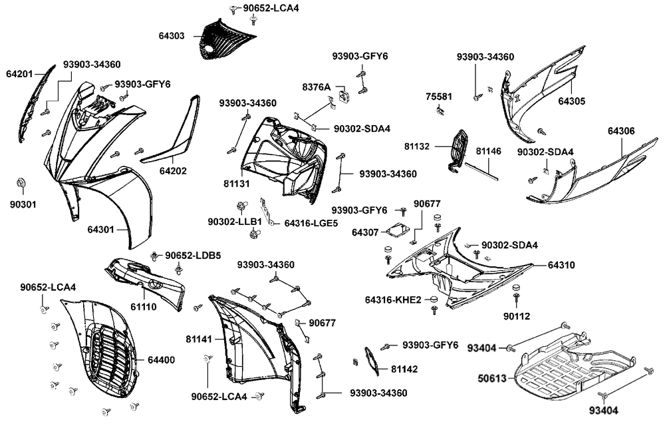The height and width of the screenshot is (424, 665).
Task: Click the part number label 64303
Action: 172,36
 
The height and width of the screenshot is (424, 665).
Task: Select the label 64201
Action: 19,73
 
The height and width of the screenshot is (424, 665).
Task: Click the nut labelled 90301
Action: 19,182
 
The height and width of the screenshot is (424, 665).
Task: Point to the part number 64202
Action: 173,171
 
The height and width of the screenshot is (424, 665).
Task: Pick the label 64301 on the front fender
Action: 100,230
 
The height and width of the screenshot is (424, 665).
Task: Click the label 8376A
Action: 316,87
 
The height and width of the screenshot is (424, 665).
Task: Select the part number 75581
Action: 438,97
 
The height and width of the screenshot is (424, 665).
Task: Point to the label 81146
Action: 488,152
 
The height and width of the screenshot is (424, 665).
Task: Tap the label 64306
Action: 621,132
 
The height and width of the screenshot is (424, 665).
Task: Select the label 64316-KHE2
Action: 392,300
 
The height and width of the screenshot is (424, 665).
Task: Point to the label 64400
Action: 161,360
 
